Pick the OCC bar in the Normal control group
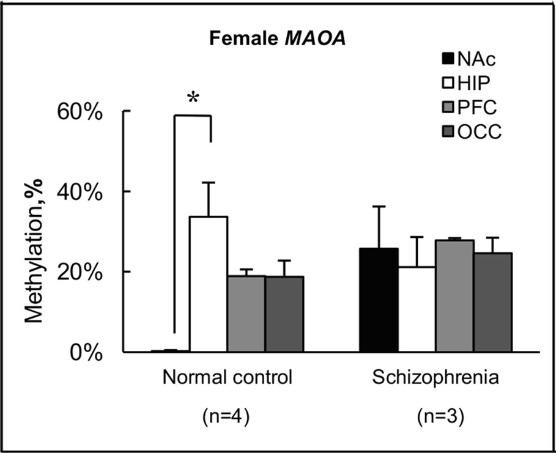click(x=284, y=314)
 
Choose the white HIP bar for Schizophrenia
click(x=416, y=309)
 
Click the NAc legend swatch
click(x=448, y=60)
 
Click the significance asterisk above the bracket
click(x=193, y=98)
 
